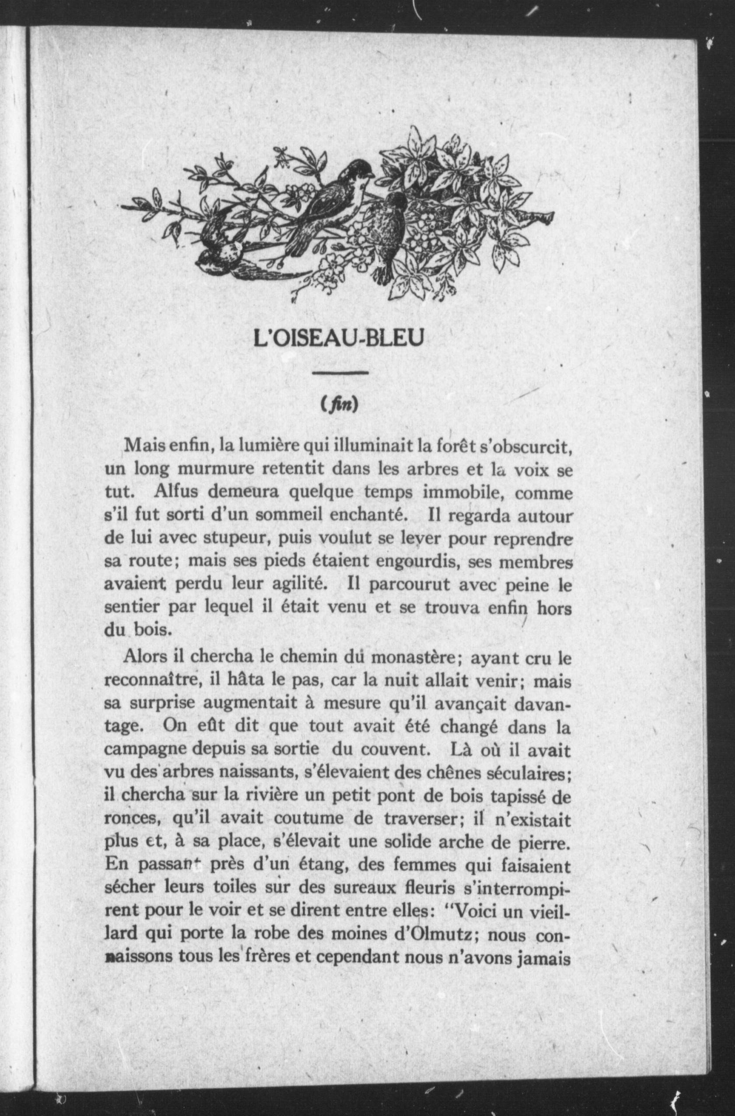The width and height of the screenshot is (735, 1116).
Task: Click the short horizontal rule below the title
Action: [x=340, y=372]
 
